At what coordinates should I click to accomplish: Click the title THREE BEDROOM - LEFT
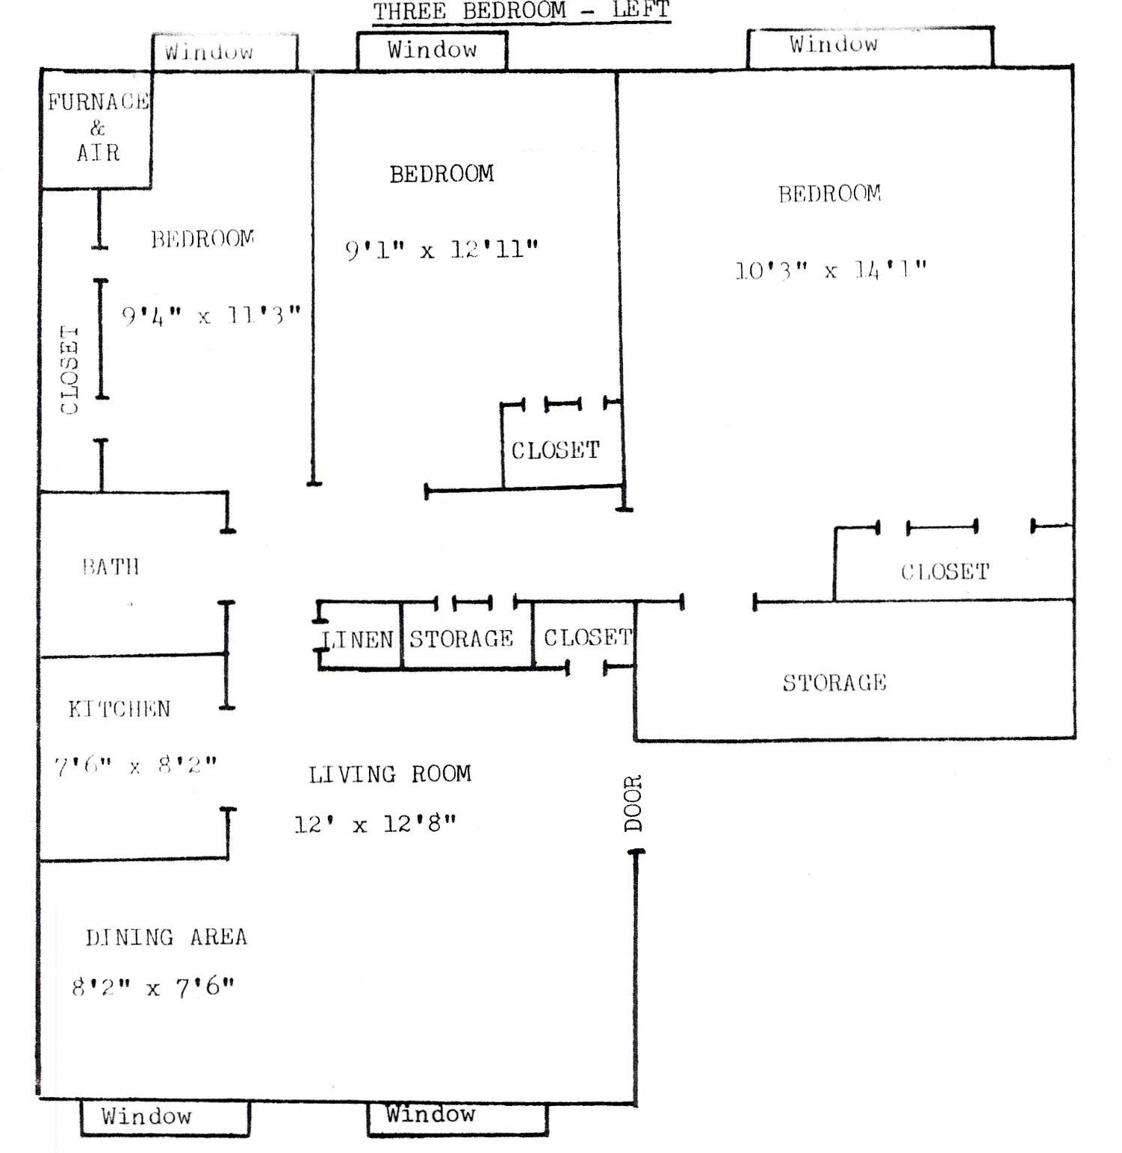click(x=521, y=12)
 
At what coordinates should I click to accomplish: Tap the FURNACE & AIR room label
click(x=98, y=128)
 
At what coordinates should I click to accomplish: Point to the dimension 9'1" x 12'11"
click(x=441, y=249)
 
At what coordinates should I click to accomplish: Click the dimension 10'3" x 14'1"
click(x=831, y=270)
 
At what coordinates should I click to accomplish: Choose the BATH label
click(x=111, y=567)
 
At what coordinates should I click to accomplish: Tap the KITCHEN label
click(x=120, y=709)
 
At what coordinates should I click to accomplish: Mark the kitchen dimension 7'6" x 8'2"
click(x=135, y=766)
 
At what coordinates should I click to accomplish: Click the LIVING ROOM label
click(x=390, y=774)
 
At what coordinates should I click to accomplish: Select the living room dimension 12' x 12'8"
click(x=375, y=824)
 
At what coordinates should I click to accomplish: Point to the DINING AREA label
click(x=166, y=937)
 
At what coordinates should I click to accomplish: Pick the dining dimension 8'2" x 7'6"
click(x=153, y=988)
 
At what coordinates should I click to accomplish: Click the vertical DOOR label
click(x=633, y=804)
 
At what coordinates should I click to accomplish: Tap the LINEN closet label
click(x=358, y=639)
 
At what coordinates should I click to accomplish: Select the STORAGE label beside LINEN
click(x=461, y=638)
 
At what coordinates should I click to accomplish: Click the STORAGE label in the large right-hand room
click(x=834, y=683)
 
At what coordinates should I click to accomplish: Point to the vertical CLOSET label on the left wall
click(x=69, y=370)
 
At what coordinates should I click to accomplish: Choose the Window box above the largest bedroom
click(x=870, y=46)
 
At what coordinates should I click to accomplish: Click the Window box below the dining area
click(x=164, y=1117)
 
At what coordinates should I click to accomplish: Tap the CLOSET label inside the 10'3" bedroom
click(x=945, y=572)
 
